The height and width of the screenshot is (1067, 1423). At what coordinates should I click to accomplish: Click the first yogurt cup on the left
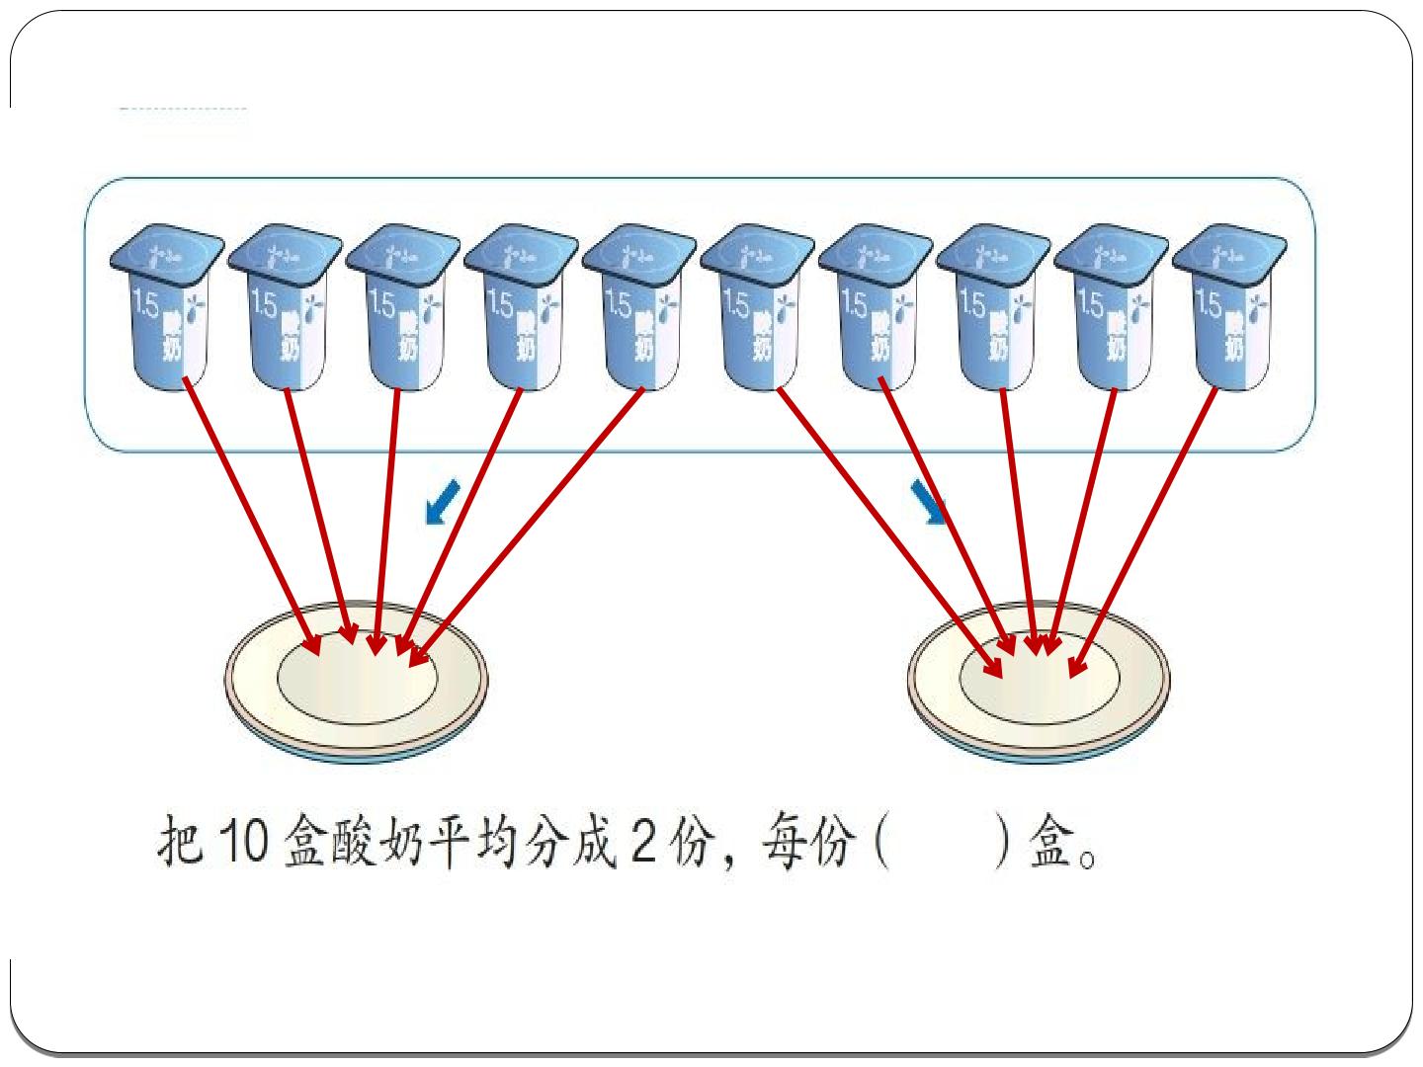point(167,307)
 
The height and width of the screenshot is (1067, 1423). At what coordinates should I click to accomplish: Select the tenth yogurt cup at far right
point(1230,307)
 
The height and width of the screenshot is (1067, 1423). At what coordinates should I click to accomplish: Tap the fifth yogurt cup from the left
point(639,307)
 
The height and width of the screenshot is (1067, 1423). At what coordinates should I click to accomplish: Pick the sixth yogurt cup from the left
point(757,307)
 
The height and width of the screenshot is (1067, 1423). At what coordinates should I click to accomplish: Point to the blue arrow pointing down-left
point(442,501)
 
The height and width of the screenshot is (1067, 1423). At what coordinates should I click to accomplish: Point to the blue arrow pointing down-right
point(929,501)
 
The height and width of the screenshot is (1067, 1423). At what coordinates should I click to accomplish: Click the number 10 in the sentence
point(243,841)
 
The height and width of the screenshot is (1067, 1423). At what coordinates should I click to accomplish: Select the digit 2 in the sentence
point(643,841)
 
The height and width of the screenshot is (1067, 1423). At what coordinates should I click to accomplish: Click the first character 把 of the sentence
point(180,841)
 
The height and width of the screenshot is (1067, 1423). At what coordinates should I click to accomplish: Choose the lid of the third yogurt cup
point(402,254)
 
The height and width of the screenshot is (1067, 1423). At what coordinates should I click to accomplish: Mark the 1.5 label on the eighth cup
point(970,303)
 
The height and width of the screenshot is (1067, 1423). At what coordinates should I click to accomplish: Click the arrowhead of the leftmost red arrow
point(312,644)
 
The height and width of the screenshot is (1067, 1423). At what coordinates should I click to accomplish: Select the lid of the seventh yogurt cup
point(876,254)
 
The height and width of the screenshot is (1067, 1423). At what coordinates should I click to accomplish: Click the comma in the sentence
point(730,859)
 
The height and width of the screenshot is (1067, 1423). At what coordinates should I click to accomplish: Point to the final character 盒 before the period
point(1049,841)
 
